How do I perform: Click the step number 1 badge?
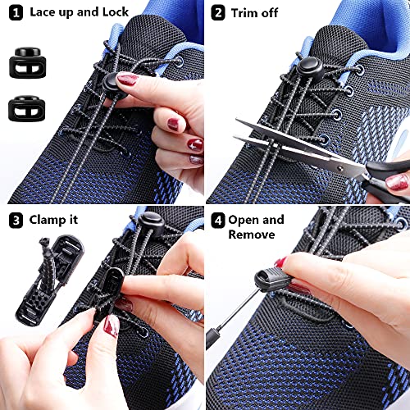(x=13, y=12)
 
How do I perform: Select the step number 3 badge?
(x=13, y=220)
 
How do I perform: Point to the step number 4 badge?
(x=218, y=220)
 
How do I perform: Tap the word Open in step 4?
(x=245, y=220)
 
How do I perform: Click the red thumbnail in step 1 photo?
(x=128, y=80)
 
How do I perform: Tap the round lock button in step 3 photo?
(x=150, y=219)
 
